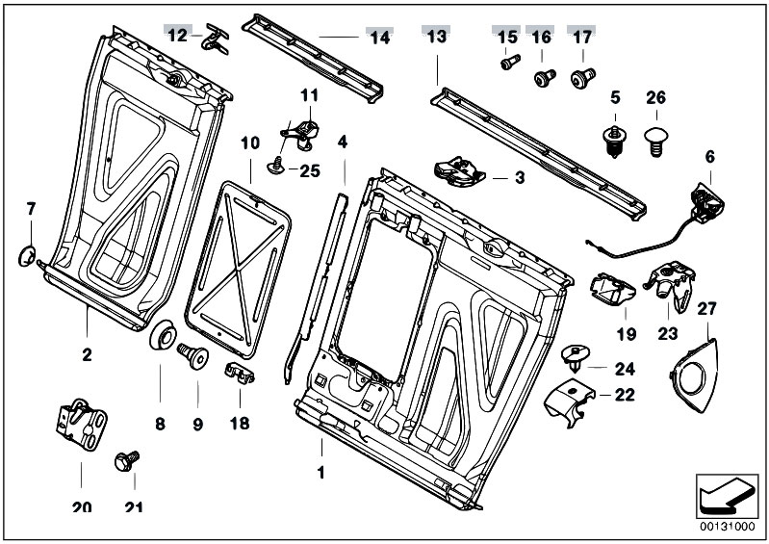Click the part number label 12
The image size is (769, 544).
coord(177,36)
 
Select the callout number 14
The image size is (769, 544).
coord(380,37)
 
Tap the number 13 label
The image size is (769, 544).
coord(436,37)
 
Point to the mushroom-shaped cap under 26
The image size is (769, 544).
coord(655,134)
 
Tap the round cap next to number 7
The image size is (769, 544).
coord(28,255)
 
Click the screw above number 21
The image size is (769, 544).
coord(126,461)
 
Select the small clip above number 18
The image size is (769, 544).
coord(239,373)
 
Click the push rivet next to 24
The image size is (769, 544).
coord(576,360)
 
